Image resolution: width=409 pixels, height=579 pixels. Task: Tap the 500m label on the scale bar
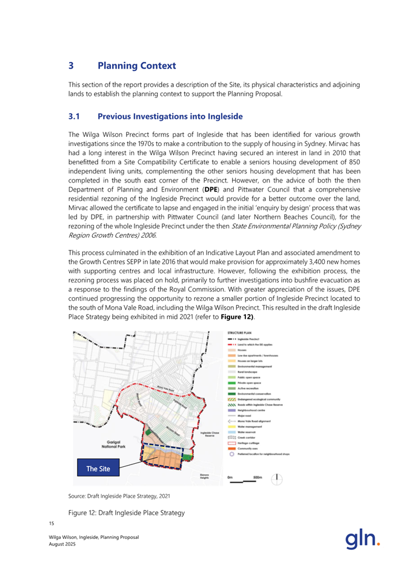click(258, 477)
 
